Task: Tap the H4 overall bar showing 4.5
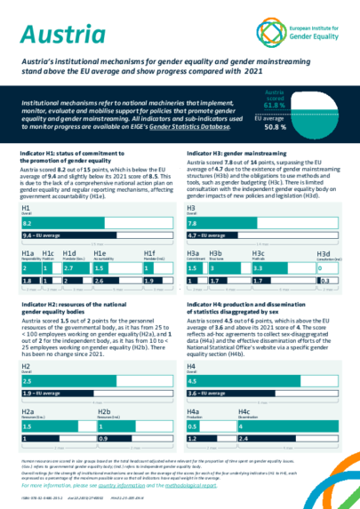[x=267, y=380]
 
